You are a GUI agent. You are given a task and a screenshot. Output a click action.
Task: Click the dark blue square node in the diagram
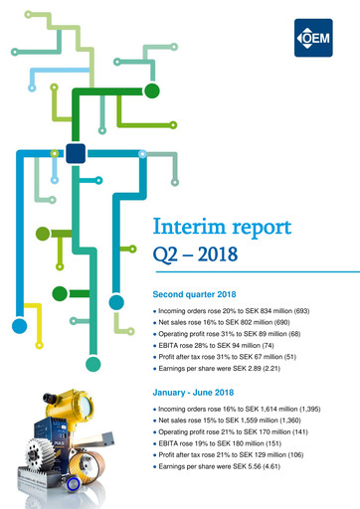(74, 153)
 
